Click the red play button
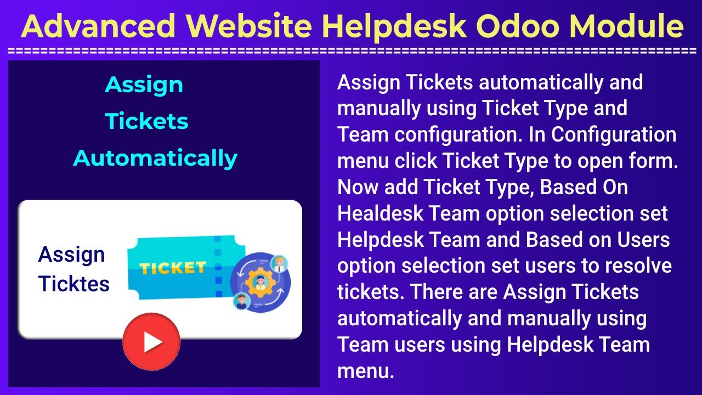151,342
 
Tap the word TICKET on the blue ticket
172,268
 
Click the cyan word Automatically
155,158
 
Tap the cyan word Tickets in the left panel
146,121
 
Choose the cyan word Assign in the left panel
144,84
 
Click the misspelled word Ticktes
74,284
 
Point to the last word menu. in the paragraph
366,371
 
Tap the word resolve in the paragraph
638,266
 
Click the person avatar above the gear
279,263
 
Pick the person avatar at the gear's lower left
239,301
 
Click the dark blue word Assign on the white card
71,255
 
